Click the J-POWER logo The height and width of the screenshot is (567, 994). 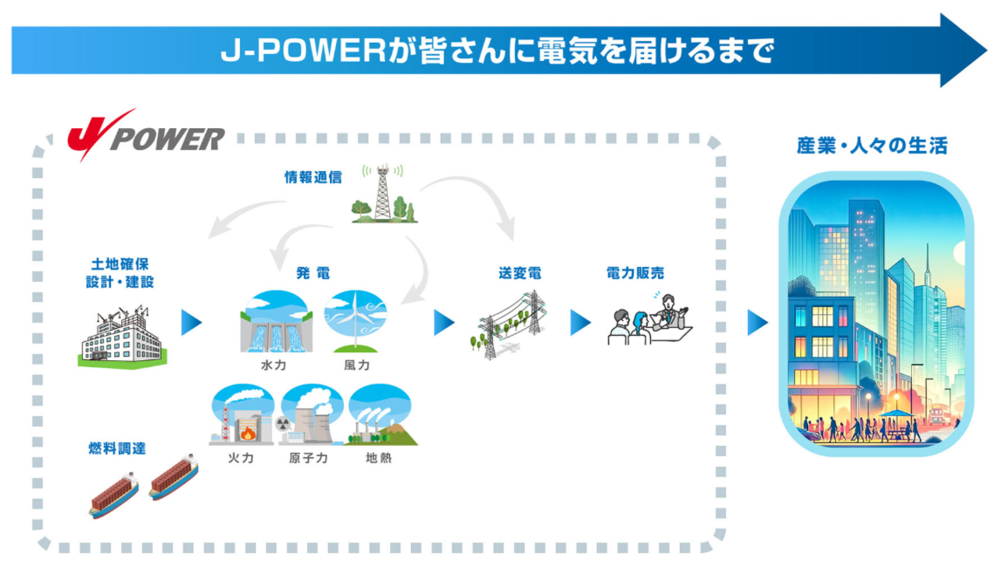click(146, 136)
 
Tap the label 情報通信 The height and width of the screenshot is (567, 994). click(313, 177)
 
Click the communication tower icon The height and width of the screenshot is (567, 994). click(383, 194)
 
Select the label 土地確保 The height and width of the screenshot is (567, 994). click(120, 264)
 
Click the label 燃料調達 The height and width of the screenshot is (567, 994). click(117, 448)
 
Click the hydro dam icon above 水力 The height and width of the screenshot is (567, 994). click(276, 322)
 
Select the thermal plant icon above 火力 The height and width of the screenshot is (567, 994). click(243, 414)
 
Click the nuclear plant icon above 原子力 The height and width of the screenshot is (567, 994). click(311, 414)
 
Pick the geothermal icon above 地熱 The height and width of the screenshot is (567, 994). click(381, 414)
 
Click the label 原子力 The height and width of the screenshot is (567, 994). click(308, 458)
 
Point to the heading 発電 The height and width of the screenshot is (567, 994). click(313, 273)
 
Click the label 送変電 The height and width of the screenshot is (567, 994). click(520, 273)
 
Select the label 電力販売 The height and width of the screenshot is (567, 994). click(635, 273)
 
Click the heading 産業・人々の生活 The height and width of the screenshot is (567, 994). click(872, 146)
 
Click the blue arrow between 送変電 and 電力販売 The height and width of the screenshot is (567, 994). click(580, 322)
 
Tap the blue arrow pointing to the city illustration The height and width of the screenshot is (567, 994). click(757, 322)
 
